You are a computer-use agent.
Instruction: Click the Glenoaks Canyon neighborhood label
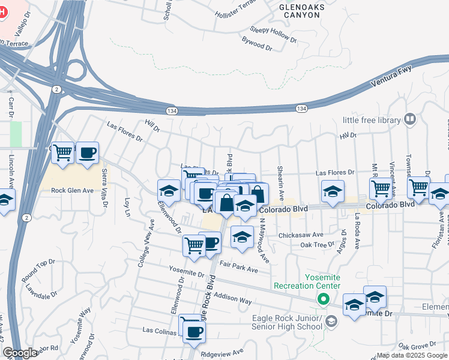point(299,10)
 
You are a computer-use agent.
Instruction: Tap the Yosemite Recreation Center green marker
point(323,298)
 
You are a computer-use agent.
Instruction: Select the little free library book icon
point(410,119)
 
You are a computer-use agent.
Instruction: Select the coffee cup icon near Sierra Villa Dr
point(87,152)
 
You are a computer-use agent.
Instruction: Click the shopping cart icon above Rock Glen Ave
point(62,152)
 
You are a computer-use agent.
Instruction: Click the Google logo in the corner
point(20,353)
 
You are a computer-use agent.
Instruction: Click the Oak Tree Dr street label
point(317,244)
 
